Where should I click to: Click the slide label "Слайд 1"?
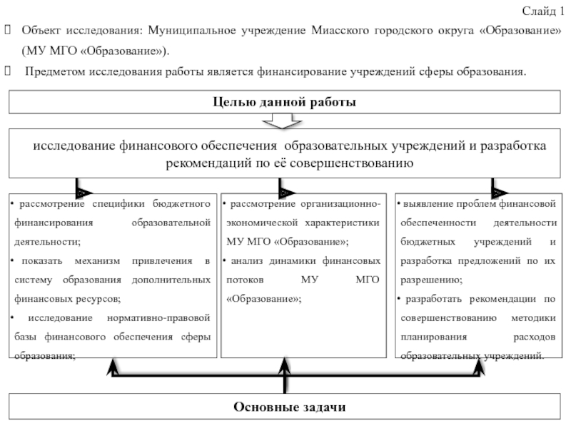pos(542,11)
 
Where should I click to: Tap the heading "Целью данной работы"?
pos(284,102)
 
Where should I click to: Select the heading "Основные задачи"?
pos(290,407)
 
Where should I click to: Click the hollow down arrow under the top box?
pos(282,121)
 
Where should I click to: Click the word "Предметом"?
pos(55,71)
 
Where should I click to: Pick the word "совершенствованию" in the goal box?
pos(351,163)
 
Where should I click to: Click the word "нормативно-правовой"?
pos(158,317)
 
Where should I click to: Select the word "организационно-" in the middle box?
pos(340,203)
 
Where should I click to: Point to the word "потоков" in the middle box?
pos(245,280)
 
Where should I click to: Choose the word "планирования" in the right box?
pos(434,337)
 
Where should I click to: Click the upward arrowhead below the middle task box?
pos(284,366)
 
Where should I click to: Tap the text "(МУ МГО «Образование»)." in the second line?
pos(96,51)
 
